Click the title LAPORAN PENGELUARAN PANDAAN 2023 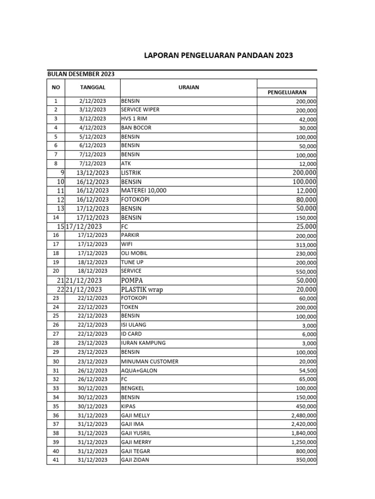pyautogui.click(x=218, y=56)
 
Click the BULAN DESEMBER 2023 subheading pyautogui.click(x=81, y=74)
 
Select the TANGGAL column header pyautogui.click(x=92, y=88)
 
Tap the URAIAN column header pyautogui.click(x=188, y=88)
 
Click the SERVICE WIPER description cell pyautogui.click(x=140, y=110)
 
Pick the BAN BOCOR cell pyautogui.click(x=136, y=128)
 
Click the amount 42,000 pyautogui.click(x=307, y=119)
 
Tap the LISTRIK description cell pyautogui.click(x=132, y=173)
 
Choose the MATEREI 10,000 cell pyautogui.click(x=144, y=191)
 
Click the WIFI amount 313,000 pyautogui.click(x=306, y=245)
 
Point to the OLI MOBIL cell pyautogui.click(x=134, y=253)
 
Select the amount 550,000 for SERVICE pyautogui.click(x=306, y=272)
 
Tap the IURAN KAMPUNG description pyautogui.click(x=143, y=343)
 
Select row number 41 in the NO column pyautogui.click(x=55, y=460)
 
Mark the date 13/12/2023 pyautogui.click(x=92, y=173)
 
